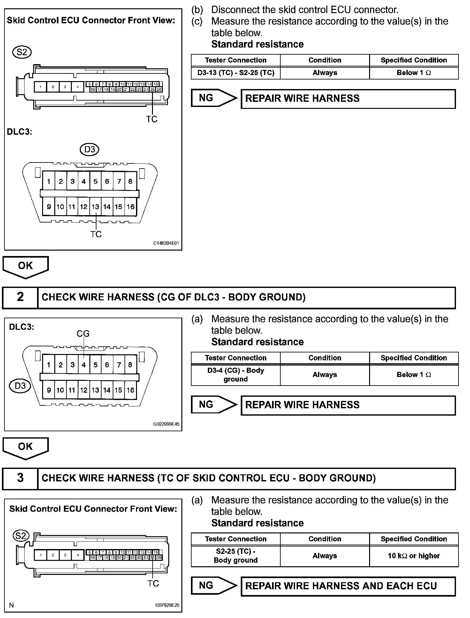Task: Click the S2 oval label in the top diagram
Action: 22,52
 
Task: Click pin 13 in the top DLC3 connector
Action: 95,207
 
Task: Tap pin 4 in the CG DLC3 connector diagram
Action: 84,365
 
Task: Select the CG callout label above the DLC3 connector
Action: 83,334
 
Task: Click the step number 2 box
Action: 20,298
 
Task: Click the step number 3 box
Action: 20,478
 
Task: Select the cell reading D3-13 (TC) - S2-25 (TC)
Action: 236,73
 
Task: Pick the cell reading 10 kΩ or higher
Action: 414,556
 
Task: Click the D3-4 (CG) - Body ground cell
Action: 236,375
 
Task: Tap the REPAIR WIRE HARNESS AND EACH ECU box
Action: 348,586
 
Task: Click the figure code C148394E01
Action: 166,243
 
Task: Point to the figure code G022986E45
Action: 166,424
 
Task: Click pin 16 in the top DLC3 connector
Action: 130,207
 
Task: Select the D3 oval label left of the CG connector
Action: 20,386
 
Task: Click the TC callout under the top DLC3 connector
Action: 96,234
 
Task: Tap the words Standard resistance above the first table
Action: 257,44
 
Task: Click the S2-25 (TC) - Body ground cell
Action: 236,556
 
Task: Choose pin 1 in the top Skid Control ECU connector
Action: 40,87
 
